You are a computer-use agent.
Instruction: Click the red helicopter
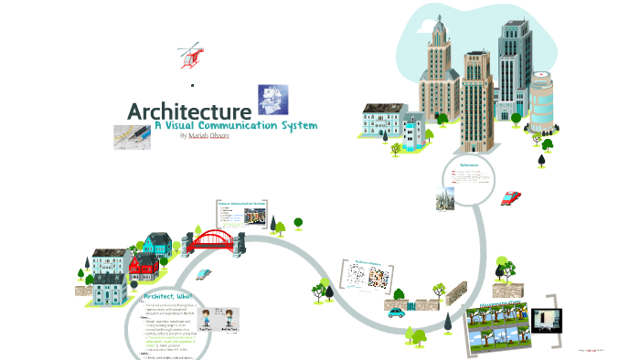(x=191, y=54)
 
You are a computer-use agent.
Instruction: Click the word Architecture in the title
(x=189, y=111)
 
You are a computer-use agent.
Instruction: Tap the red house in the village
(x=143, y=268)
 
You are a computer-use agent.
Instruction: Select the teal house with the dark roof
(x=156, y=244)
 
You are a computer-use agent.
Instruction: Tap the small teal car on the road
(x=396, y=312)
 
